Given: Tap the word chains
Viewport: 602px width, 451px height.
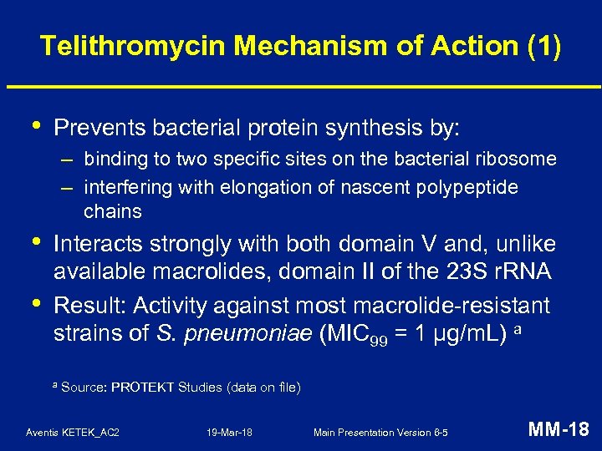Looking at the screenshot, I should (113, 211).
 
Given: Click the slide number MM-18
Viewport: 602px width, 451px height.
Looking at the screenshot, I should (559, 430).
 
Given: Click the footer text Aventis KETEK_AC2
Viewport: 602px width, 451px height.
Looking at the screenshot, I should (73, 432).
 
